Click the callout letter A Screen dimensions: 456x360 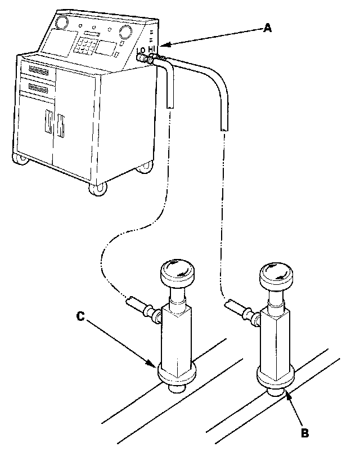(x=268, y=28)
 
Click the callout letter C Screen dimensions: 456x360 (x=80, y=317)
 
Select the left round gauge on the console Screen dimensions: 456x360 (x=62, y=23)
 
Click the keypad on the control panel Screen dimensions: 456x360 (x=87, y=44)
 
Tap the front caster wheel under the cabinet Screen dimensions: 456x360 (x=97, y=188)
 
